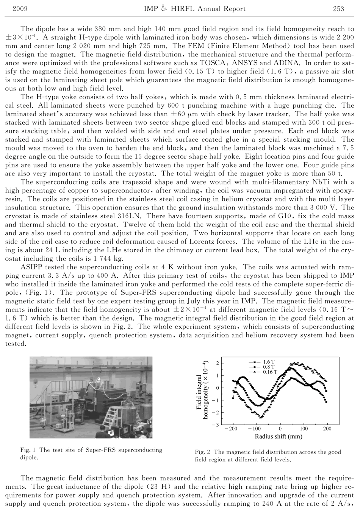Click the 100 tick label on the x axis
pos(304,429)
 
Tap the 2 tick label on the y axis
pos(217,363)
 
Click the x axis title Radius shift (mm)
pos(279,436)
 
